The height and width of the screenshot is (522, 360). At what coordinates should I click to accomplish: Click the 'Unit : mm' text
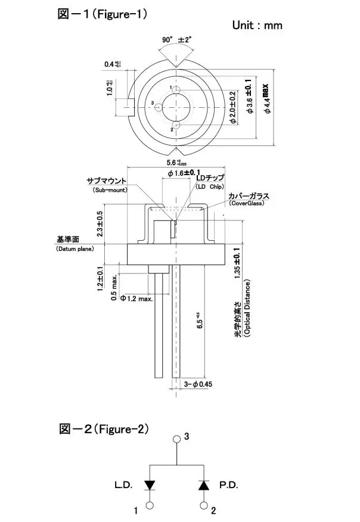click(256, 25)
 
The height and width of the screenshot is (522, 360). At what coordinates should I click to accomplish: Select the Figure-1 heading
click(102, 13)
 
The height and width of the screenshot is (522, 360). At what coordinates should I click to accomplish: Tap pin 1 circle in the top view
click(177, 89)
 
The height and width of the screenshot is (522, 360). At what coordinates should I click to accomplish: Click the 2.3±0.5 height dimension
click(100, 223)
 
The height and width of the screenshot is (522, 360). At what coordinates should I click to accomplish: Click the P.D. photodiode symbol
click(203, 485)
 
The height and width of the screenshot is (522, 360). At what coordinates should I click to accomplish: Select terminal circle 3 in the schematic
click(176, 440)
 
